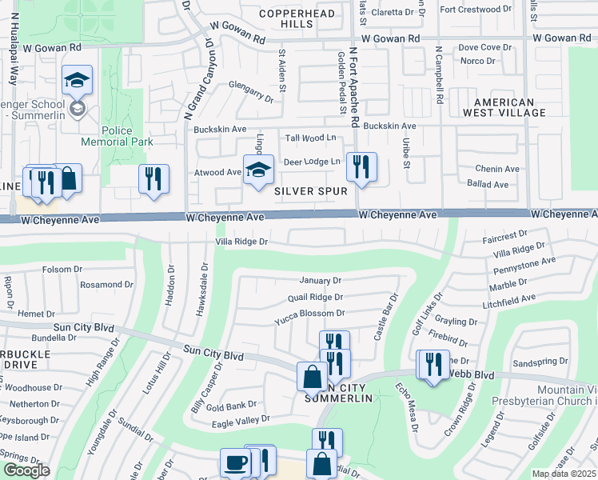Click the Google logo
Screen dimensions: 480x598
[x=26, y=470]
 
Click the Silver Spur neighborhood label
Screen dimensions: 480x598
[x=311, y=191]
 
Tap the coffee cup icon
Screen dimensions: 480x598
[x=235, y=462]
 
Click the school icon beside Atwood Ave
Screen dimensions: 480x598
[x=258, y=170]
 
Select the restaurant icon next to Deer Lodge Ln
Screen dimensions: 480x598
[x=361, y=167]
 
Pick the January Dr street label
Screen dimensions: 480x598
[x=320, y=281]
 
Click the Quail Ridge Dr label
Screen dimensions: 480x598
[x=314, y=297]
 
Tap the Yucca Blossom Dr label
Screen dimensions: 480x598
[x=309, y=314]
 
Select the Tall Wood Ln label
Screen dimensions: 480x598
[x=311, y=138]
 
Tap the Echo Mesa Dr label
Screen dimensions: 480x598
[x=407, y=406]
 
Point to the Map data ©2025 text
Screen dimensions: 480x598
[x=564, y=474]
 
